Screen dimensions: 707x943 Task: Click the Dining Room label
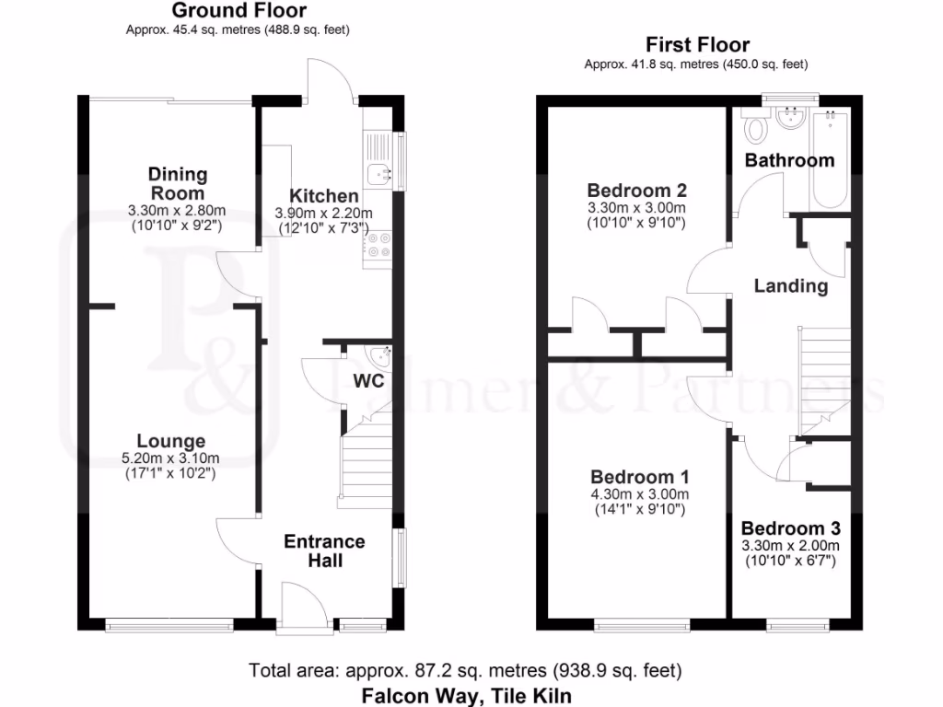pyautogui.click(x=178, y=183)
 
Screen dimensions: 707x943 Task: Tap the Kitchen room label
pyautogui.click(x=324, y=196)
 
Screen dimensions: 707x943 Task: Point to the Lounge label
pyautogui.click(x=171, y=442)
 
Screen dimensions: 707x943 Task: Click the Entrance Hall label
pyautogui.click(x=324, y=551)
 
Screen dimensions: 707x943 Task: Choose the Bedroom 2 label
pyautogui.click(x=637, y=191)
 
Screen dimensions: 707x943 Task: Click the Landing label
pyautogui.click(x=790, y=286)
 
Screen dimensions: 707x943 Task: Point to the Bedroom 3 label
pyautogui.click(x=790, y=529)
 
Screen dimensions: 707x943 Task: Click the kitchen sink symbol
pyautogui.click(x=378, y=171)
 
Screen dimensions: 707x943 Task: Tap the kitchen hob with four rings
pyautogui.click(x=378, y=246)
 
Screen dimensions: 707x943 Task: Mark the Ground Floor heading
pyautogui.click(x=239, y=11)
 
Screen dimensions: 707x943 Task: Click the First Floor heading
pyautogui.click(x=697, y=44)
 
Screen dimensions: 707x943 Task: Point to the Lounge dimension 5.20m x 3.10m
pyautogui.click(x=172, y=458)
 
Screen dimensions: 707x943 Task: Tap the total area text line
pyautogui.click(x=465, y=670)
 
